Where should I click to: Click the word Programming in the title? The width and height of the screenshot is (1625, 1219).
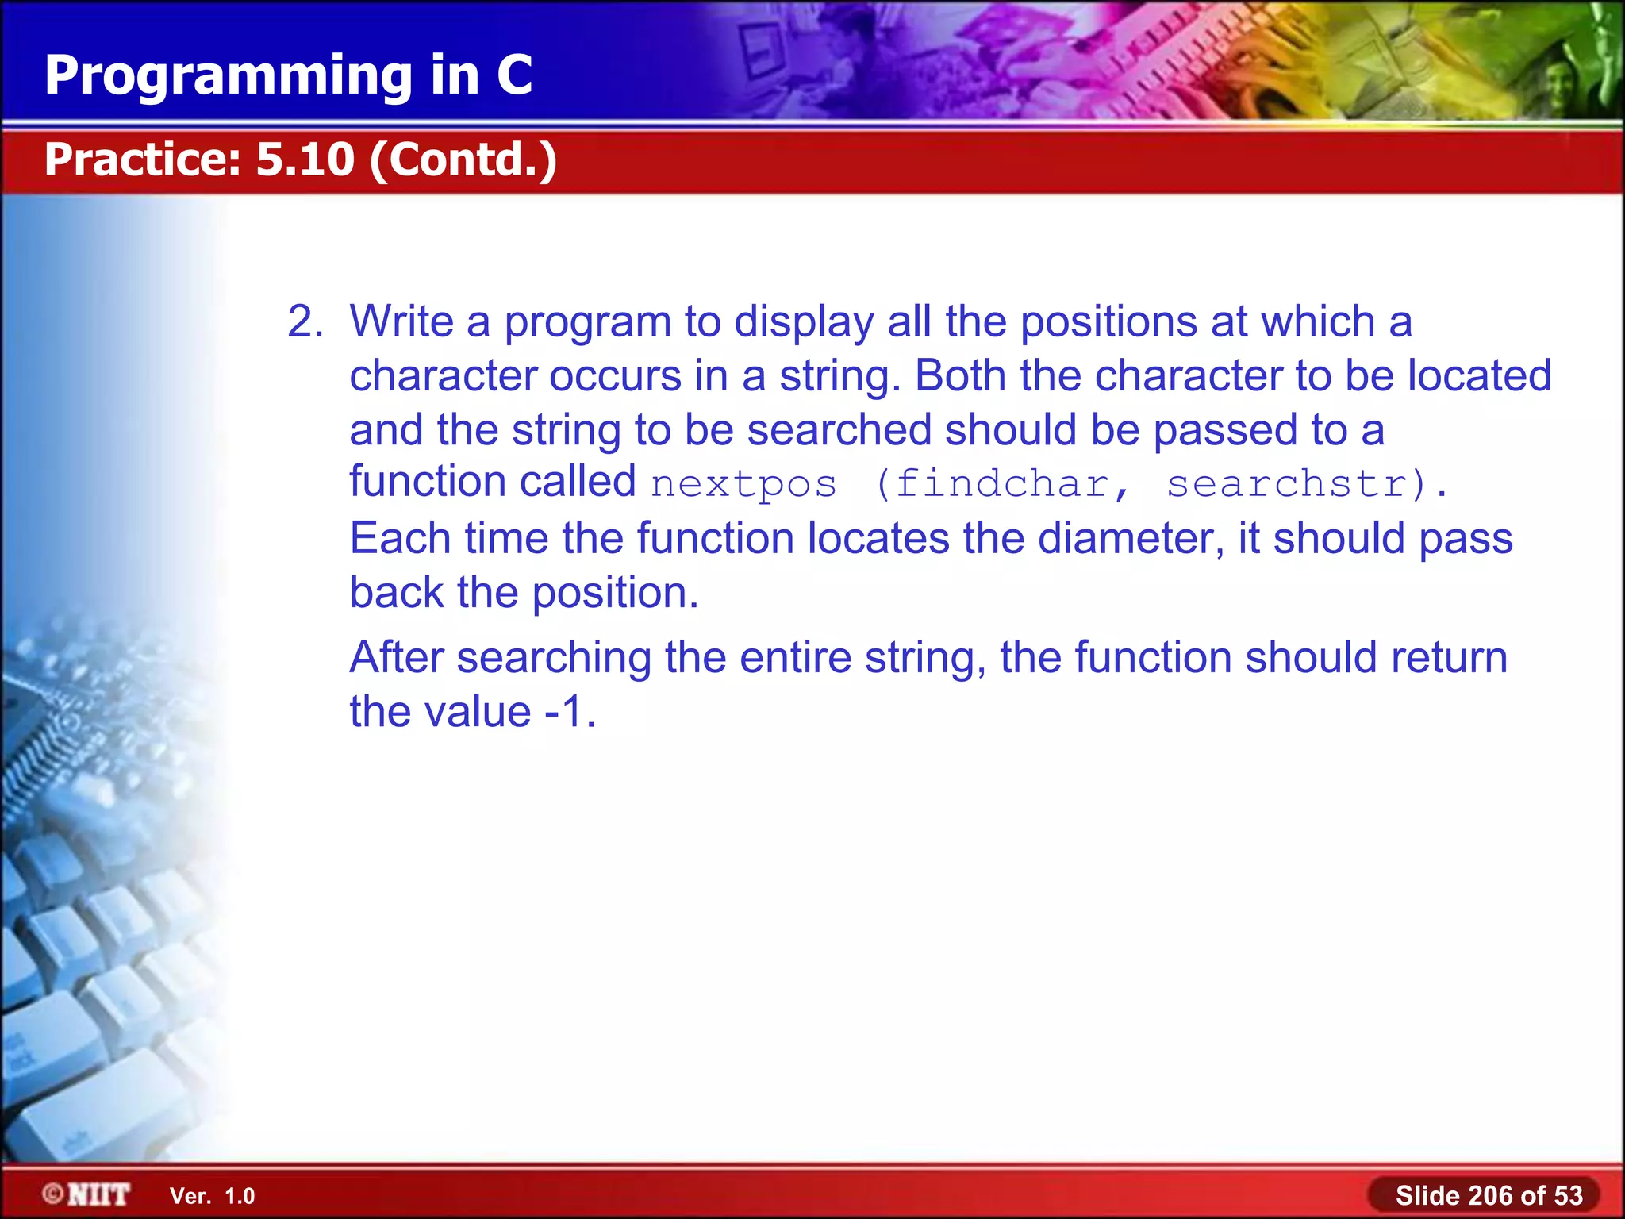(229, 76)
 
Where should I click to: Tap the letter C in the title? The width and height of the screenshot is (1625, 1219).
(514, 76)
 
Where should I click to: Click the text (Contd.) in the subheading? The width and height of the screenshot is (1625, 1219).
(463, 160)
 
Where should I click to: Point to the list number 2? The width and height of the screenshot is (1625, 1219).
(305, 322)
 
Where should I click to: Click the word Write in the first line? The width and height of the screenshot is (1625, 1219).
(401, 322)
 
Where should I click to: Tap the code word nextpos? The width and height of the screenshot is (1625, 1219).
(743, 484)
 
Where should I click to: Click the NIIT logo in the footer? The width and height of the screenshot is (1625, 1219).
(87, 1194)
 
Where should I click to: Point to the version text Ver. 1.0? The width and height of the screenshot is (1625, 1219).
(213, 1196)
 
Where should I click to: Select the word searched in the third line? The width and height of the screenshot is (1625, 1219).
(839, 430)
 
